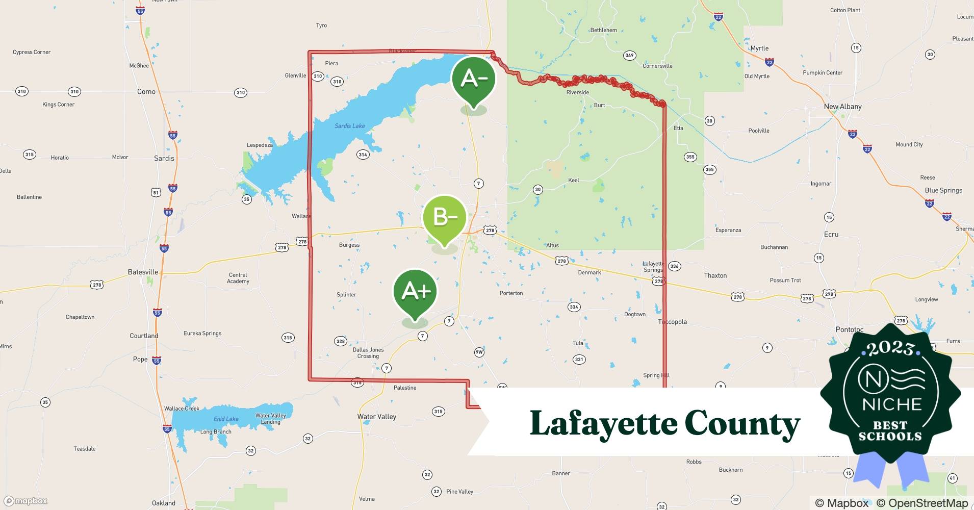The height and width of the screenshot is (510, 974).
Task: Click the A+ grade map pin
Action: coord(415,293)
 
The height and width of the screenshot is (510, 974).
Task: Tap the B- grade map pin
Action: coord(445,218)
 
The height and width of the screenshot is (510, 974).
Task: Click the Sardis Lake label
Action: coord(349,126)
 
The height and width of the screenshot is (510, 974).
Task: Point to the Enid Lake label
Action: coord(226,419)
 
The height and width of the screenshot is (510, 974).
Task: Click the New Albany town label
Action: coord(842,107)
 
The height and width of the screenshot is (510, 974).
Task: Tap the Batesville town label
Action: coord(143,272)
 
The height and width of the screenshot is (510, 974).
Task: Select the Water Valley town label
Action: coord(376,417)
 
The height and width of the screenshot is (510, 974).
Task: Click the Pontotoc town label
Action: coord(849,329)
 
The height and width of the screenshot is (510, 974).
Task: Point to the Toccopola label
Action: coord(672,322)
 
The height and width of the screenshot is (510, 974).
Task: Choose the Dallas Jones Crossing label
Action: coord(368,353)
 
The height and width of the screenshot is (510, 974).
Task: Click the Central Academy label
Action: coord(238,278)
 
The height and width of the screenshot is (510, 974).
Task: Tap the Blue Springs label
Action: coord(943,190)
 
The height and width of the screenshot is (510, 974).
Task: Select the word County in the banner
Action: coord(742,423)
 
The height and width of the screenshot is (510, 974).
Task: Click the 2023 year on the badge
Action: coord(890,348)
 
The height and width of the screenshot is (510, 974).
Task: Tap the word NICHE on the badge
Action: coord(892,404)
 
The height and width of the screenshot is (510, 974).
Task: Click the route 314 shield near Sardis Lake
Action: coord(363,155)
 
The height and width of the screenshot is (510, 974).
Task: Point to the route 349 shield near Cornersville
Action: coord(629,55)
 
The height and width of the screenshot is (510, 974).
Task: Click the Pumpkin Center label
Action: coord(823,72)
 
